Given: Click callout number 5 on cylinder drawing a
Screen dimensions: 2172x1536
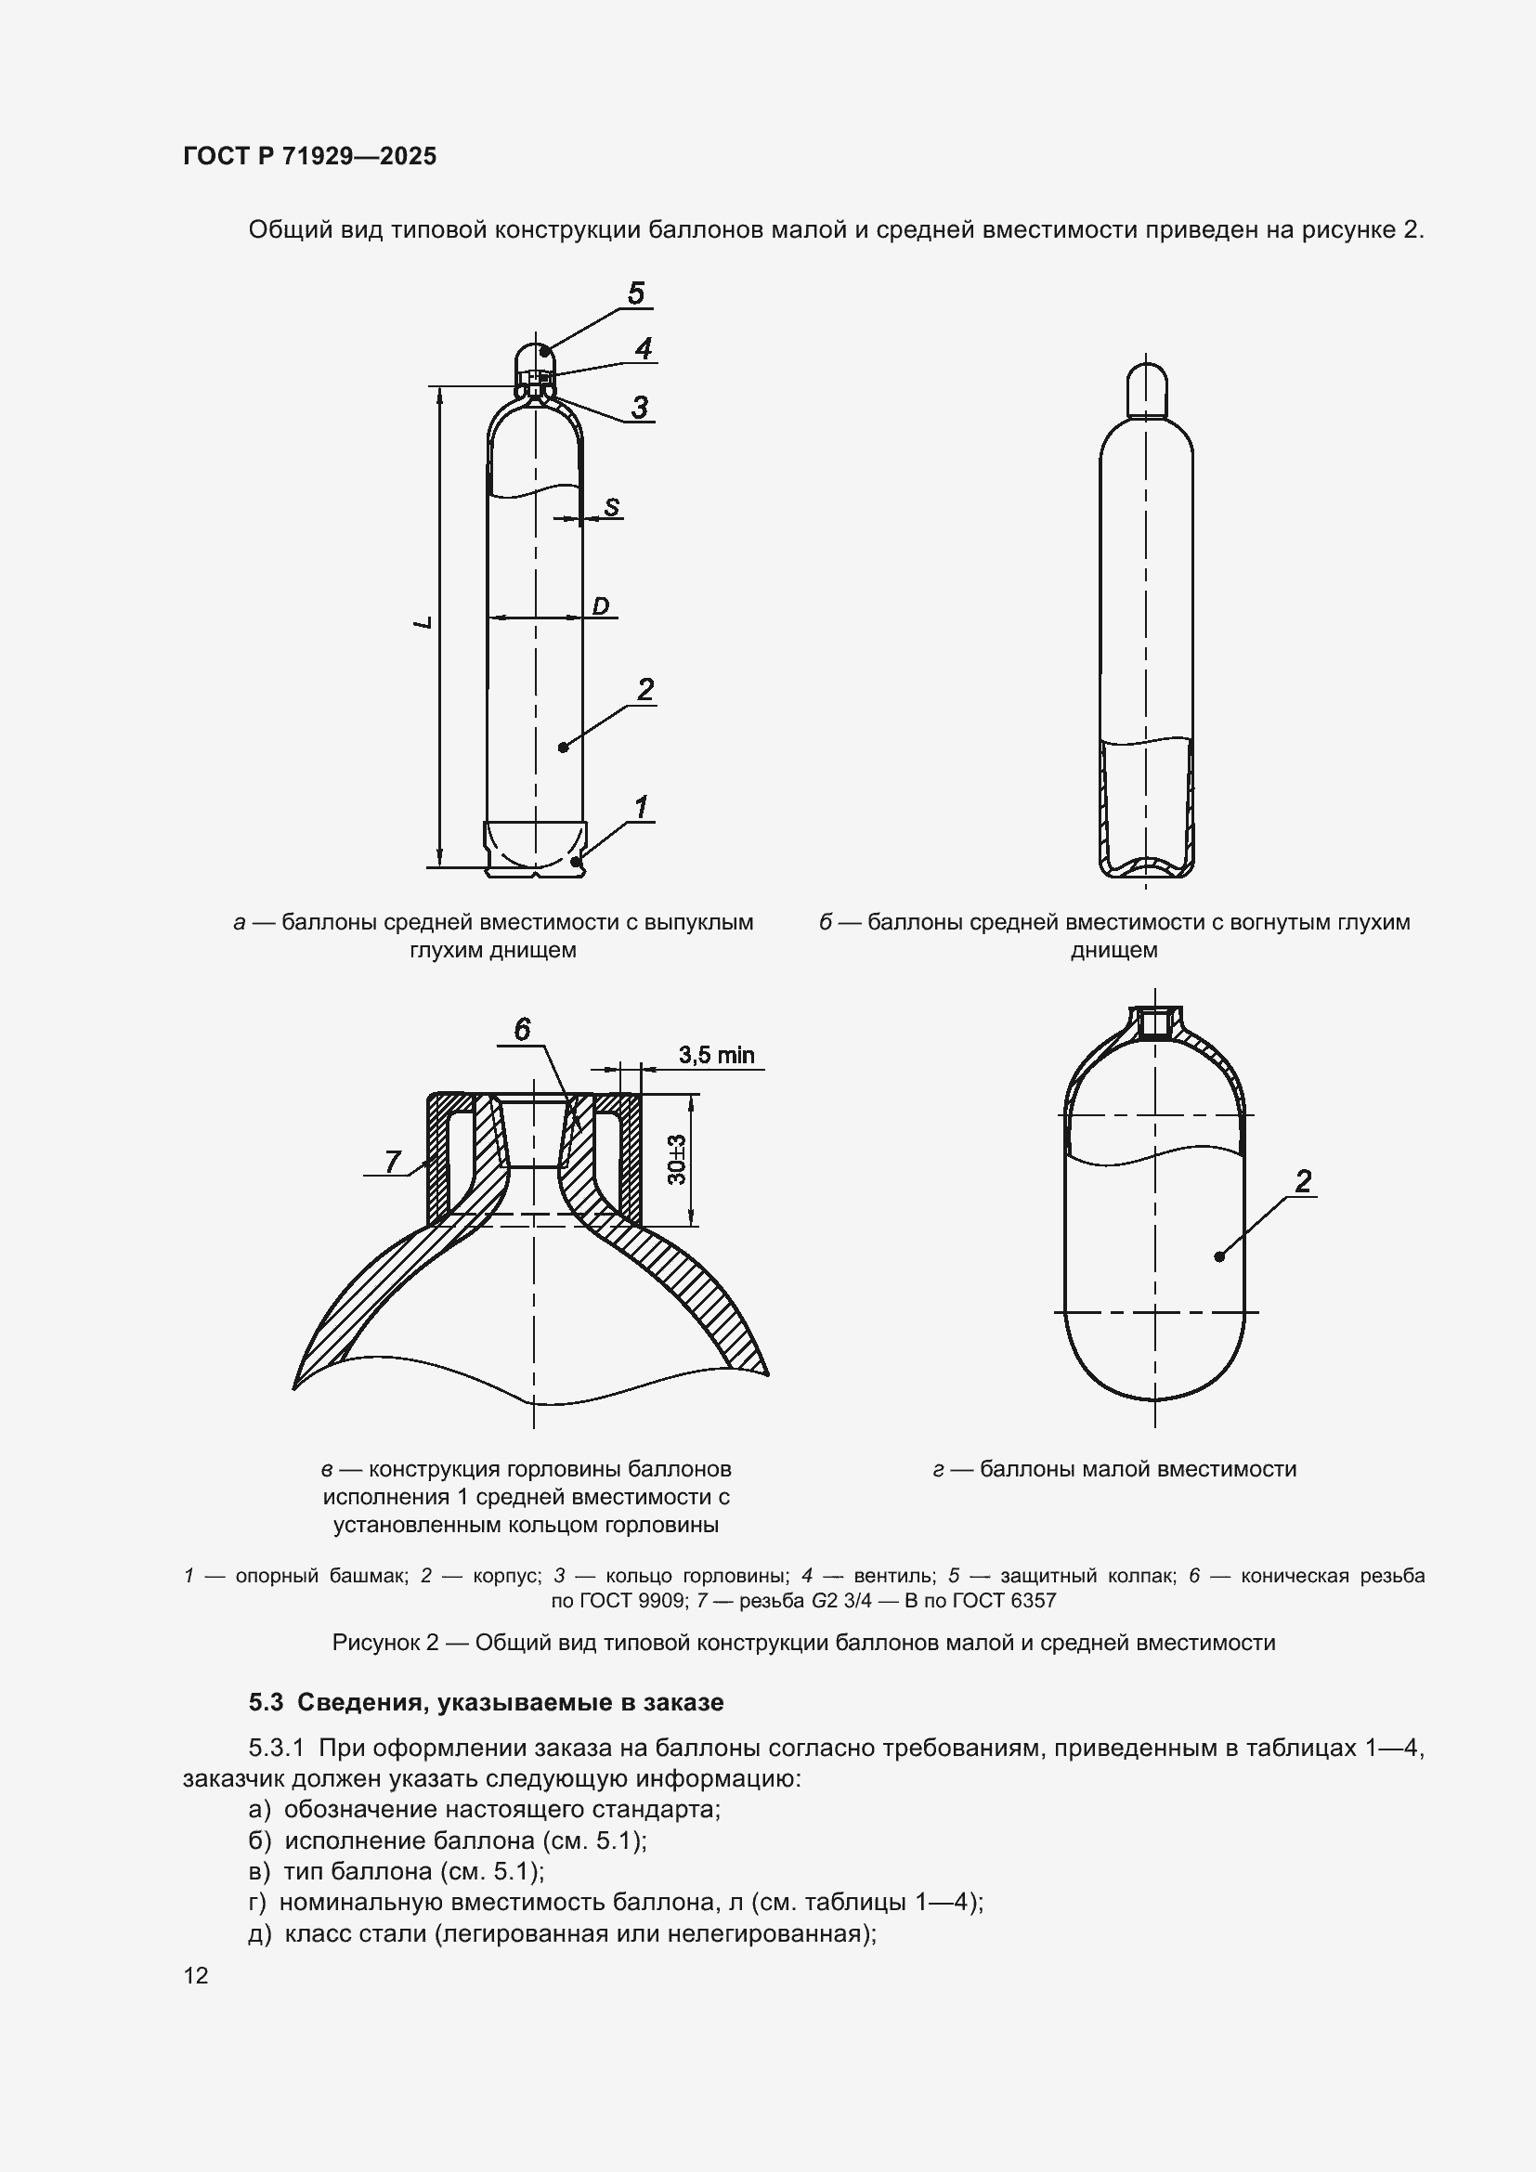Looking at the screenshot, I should pyautogui.click(x=635, y=293).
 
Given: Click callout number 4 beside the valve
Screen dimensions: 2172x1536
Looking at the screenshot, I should pyautogui.click(x=644, y=349).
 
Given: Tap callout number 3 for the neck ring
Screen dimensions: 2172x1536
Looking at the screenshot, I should pyautogui.click(x=641, y=408).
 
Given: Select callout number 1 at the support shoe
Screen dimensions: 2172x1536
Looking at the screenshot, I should pyautogui.click(x=642, y=808).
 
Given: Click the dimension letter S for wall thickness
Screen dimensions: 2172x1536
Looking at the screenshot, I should pyautogui.click(x=612, y=507).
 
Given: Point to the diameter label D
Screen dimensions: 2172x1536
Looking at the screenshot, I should pyautogui.click(x=601, y=605).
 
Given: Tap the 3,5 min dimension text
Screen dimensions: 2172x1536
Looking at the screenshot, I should pyautogui.click(x=716, y=1055).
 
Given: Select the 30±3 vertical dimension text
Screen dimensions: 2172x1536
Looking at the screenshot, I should pyautogui.click(x=677, y=1160).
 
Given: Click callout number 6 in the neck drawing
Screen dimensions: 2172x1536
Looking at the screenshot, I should pyautogui.click(x=522, y=1029).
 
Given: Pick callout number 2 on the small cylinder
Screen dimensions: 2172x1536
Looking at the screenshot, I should pyautogui.click(x=1303, y=1180).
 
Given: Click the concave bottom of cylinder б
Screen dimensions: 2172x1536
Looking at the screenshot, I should pyautogui.click(x=1146, y=865).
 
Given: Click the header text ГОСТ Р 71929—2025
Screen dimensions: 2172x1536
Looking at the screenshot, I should pyautogui.click(x=309, y=157).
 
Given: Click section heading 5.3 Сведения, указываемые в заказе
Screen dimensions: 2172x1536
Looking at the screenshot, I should pyautogui.click(x=486, y=1702).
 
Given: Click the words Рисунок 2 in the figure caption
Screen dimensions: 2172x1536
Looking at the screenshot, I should pyautogui.click(x=385, y=1643).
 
